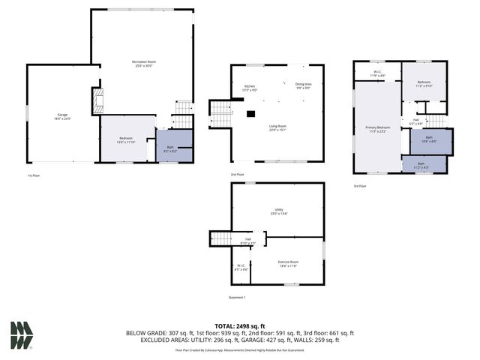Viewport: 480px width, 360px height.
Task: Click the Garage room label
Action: point(62,116)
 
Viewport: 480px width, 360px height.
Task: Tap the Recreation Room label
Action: point(142,63)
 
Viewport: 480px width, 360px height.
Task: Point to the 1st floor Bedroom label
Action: point(127,139)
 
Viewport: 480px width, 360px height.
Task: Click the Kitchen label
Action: point(250,88)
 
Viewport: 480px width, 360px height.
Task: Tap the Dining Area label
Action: point(303,87)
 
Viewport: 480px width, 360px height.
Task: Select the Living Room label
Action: point(277,128)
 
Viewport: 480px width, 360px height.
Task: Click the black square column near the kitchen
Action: point(251,113)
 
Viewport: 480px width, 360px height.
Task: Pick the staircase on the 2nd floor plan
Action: point(220,114)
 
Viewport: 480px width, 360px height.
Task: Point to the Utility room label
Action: point(277,211)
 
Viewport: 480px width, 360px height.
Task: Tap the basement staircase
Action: point(220,238)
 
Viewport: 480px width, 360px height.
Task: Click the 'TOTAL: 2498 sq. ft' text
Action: point(240,326)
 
